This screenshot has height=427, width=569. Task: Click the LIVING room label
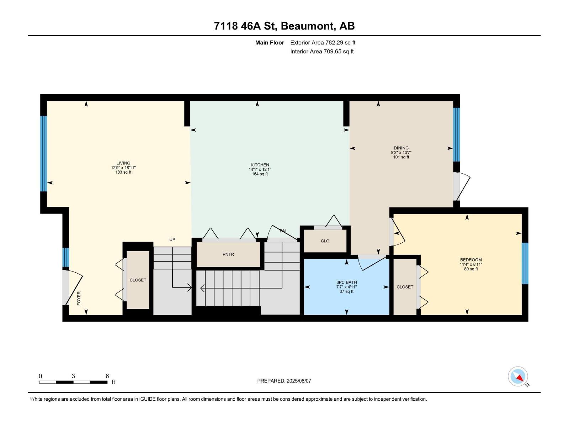123,163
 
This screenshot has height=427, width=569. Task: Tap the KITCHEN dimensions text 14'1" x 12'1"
260,169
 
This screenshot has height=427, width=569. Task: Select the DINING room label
401,148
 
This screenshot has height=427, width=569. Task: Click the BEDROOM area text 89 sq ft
471,269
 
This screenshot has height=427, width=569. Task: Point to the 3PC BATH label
346,283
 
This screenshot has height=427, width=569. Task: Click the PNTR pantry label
228,254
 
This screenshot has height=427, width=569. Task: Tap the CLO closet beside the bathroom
325,241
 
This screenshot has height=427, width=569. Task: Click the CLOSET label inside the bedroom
405,287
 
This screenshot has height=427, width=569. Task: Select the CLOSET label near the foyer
138,280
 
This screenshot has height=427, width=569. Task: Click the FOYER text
79,298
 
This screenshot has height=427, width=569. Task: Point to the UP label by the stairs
172,239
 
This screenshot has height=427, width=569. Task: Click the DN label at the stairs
282,231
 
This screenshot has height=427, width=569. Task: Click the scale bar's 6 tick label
107,376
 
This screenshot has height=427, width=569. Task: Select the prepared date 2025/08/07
299,381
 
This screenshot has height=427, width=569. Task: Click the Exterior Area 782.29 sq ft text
323,43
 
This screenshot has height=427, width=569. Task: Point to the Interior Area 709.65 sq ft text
322,52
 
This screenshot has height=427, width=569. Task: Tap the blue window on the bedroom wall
525,263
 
